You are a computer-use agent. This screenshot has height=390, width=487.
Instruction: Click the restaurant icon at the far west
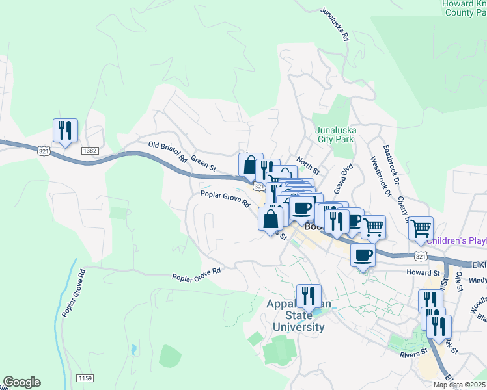point(65,131)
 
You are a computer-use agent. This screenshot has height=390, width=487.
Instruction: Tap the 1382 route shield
point(90,151)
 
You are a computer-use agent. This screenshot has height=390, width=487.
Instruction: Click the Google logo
point(21,382)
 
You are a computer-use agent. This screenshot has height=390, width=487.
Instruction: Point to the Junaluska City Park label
point(335,134)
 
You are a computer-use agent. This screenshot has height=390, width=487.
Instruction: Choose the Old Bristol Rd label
point(167,152)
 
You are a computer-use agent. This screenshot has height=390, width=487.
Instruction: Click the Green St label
point(204,166)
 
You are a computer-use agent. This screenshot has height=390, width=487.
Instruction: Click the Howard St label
point(424,272)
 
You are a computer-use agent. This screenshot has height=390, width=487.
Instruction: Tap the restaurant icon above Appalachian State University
point(309,296)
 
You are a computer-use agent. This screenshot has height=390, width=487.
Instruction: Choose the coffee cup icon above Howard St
point(363,255)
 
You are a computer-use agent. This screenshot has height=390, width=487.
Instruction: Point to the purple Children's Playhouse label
point(456,241)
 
